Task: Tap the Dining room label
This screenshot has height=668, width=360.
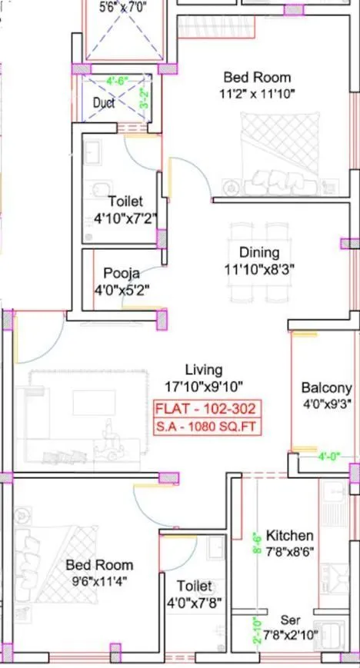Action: [259, 252]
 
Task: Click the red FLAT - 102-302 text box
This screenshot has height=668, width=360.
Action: [205, 409]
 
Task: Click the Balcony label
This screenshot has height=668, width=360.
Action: [326, 388]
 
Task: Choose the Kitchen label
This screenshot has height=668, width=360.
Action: [289, 535]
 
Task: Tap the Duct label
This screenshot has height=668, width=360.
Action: [104, 102]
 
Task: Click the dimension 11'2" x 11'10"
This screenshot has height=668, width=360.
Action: [257, 95]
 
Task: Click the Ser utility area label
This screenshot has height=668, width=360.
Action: [289, 620]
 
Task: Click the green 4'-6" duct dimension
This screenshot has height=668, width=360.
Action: [117, 79]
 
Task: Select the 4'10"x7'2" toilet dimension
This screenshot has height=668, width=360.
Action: [125, 218]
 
